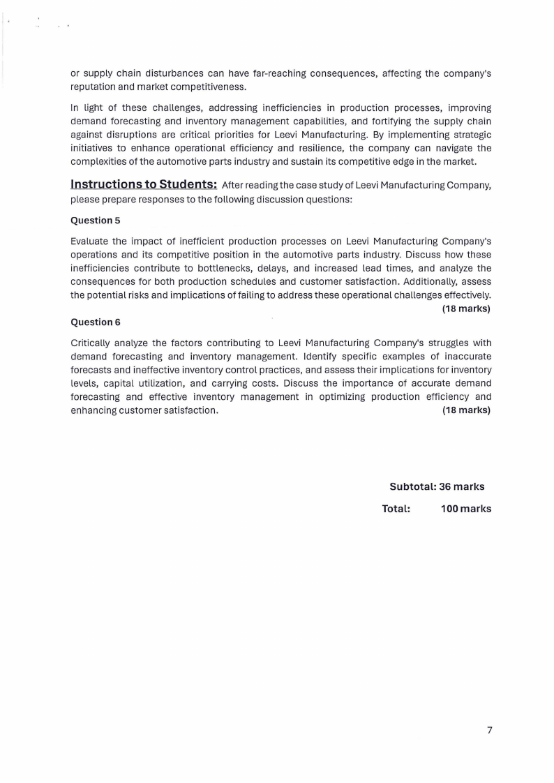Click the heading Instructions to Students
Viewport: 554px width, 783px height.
(144, 184)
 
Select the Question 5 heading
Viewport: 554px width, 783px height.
(96, 221)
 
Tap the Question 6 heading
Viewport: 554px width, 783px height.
(96, 322)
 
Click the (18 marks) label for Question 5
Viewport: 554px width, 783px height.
(466, 308)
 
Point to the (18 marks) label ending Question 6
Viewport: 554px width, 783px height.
(466, 410)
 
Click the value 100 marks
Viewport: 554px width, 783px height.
(465, 509)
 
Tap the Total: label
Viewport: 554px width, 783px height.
(396, 509)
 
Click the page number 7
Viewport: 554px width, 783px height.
(489, 730)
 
